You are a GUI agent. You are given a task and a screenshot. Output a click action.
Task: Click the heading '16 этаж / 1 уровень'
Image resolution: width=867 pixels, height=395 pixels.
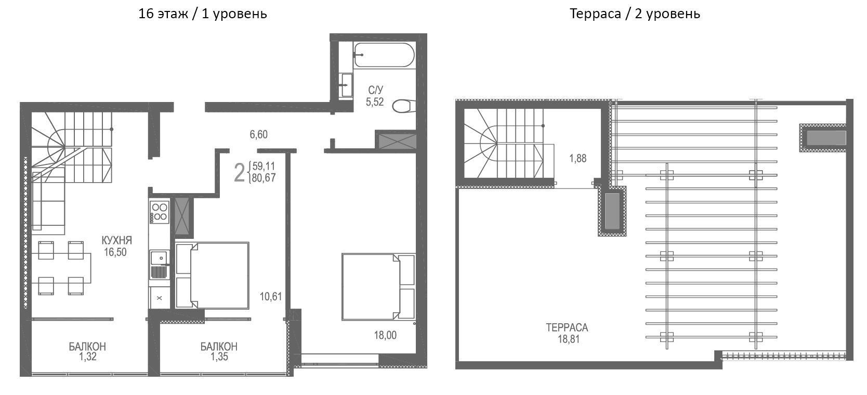click(x=202, y=14)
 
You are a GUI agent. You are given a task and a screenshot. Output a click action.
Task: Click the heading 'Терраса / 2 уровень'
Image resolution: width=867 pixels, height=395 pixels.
click(x=634, y=14)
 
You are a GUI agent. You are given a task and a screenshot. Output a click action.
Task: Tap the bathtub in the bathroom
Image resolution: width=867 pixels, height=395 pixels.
click(x=384, y=55)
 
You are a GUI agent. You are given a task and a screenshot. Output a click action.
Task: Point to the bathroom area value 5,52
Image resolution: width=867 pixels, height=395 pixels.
click(x=375, y=102)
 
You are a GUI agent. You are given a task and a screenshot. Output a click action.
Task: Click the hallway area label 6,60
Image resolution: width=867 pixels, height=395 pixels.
click(x=258, y=135)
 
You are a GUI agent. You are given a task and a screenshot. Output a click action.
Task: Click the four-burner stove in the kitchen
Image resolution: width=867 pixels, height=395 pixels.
click(x=159, y=212)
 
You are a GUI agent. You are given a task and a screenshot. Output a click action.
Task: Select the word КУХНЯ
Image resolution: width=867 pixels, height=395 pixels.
click(x=116, y=240)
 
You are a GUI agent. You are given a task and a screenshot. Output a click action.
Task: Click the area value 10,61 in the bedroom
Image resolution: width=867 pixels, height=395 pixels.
click(x=271, y=297)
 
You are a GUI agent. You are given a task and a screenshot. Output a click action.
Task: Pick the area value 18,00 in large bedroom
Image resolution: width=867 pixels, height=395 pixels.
click(x=385, y=335)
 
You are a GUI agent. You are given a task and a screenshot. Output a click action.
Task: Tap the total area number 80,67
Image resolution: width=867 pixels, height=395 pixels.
click(x=263, y=178)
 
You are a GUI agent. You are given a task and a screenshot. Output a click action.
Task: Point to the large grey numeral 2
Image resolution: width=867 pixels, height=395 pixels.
click(x=239, y=172)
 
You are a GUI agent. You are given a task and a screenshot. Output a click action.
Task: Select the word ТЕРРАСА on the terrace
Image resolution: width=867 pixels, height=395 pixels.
click(x=567, y=328)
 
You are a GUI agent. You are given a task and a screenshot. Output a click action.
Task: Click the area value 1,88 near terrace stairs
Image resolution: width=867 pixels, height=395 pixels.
click(x=577, y=158)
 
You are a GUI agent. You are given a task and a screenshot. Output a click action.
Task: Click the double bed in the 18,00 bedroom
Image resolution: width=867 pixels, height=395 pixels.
click(x=378, y=286)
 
